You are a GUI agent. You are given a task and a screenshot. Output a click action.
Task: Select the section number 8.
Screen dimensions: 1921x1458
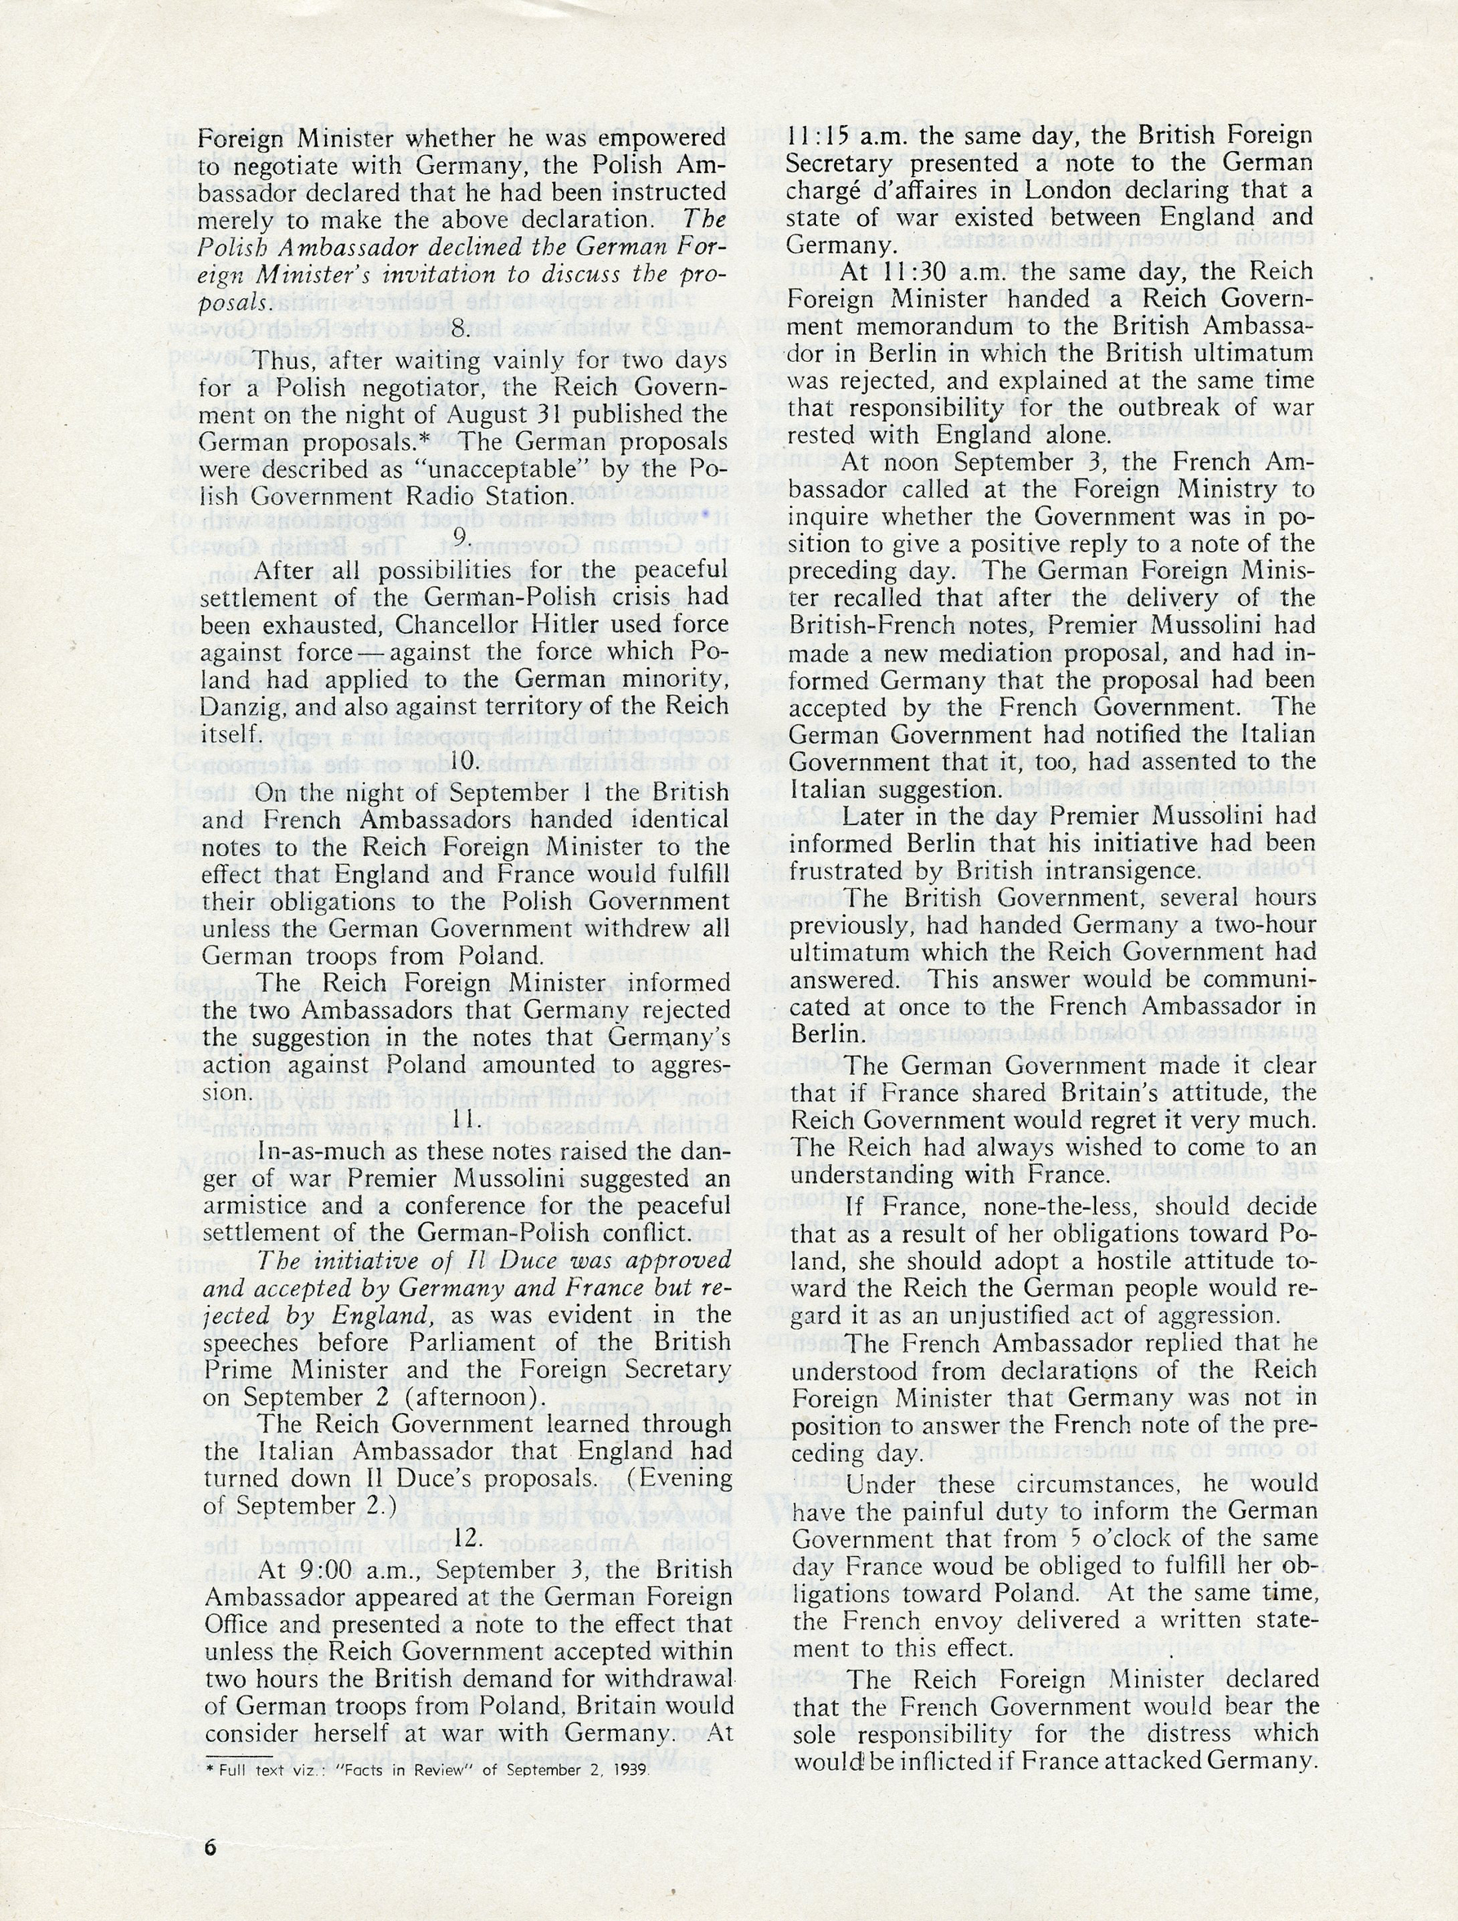462,330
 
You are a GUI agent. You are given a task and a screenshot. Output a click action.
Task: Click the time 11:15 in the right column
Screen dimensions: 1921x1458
822,136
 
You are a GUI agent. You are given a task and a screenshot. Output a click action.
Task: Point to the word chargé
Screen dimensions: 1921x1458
824,191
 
